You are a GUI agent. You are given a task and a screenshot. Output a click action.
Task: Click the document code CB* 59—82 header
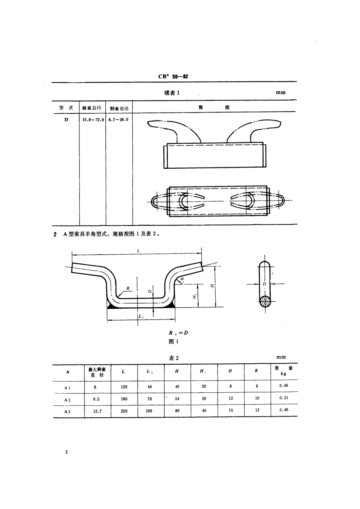pyautogui.click(x=173, y=76)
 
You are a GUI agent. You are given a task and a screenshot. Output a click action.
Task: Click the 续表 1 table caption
pyautogui.click(x=172, y=93)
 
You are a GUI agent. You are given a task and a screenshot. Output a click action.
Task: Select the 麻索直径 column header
pyautogui.click(x=92, y=108)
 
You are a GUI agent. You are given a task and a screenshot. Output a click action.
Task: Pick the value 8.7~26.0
pyautogui.click(x=118, y=119)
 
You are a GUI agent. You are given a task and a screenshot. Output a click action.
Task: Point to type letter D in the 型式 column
pyautogui.click(x=66, y=119)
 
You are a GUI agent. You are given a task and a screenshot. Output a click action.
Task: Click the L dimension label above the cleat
pyautogui.click(x=138, y=251)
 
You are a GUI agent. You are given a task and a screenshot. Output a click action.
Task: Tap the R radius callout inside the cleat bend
pyautogui.click(x=128, y=288)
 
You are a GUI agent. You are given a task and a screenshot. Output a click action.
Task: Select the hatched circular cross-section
pyautogui.click(x=265, y=301)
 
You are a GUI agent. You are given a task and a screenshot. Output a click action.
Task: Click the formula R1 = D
pyautogui.click(x=178, y=333)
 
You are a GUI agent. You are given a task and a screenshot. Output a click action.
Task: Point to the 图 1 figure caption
pyautogui.click(x=174, y=341)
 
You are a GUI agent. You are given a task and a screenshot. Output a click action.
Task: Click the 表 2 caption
pyautogui.click(x=174, y=358)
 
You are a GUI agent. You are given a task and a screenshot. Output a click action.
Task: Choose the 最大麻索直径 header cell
pyautogui.click(x=97, y=372)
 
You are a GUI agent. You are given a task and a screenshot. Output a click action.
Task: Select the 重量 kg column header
pyautogui.click(x=283, y=371)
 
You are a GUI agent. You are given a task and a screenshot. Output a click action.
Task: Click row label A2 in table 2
pyautogui.click(x=67, y=399)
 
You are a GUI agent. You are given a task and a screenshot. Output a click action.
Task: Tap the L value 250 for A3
pyautogui.click(x=124, y=411)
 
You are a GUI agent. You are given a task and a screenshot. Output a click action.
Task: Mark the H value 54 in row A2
pyautogui.click(x=177, y=399)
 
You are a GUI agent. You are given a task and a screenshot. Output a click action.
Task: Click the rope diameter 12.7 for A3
pyautogui.click(x=97, y=411)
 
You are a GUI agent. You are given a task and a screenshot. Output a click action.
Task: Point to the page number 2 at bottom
pyautogui.click(x=66, y=452)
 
